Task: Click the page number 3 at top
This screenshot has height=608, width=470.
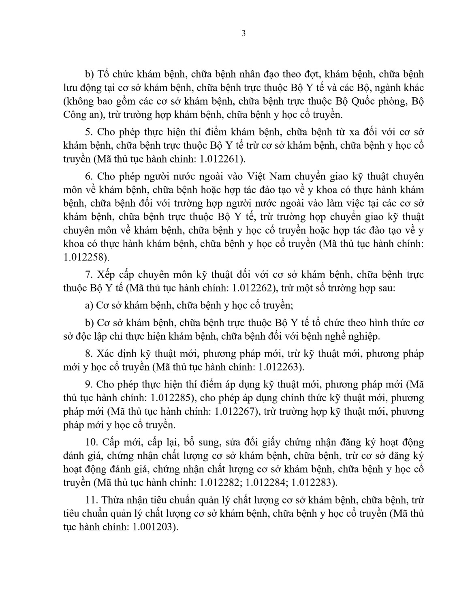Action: (x=243, y=34)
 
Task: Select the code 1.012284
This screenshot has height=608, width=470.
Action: (x=266, y=483)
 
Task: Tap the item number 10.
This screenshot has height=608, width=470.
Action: (x=91, y=441)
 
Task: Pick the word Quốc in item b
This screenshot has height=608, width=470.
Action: (x=358, y=101)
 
